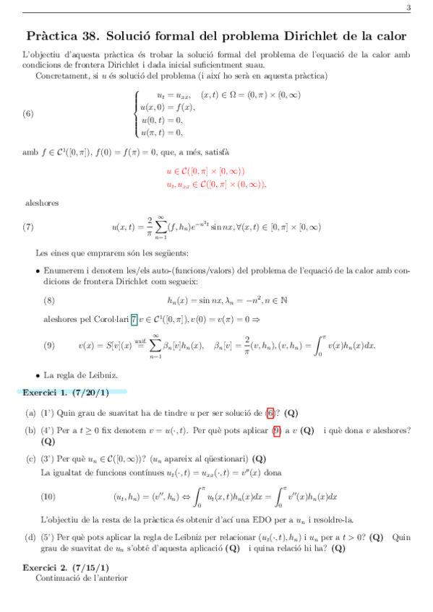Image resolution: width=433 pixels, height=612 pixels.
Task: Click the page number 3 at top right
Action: point(408,8)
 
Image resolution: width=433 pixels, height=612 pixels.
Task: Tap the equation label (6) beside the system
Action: point(28,113)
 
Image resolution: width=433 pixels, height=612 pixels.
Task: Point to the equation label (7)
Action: point(28,227)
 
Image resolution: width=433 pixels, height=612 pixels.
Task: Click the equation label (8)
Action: point(49,300)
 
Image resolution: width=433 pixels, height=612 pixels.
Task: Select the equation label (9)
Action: point(49,345)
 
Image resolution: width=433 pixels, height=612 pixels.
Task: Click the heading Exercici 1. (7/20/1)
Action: point(66,393)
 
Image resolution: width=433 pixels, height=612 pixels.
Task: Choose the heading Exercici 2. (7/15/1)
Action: point(66,568)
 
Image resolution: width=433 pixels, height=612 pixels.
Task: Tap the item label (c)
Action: point(30,458)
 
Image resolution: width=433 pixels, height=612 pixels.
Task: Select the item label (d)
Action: point(30,537)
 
